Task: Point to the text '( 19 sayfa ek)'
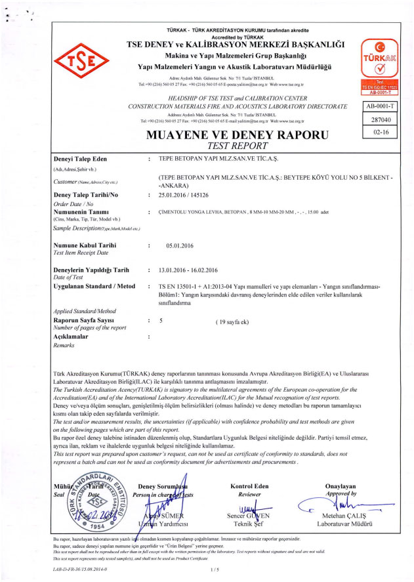pyautogui.click(x=236, y=322)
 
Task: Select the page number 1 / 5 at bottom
pyautogui.click(x=215, y=570)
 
